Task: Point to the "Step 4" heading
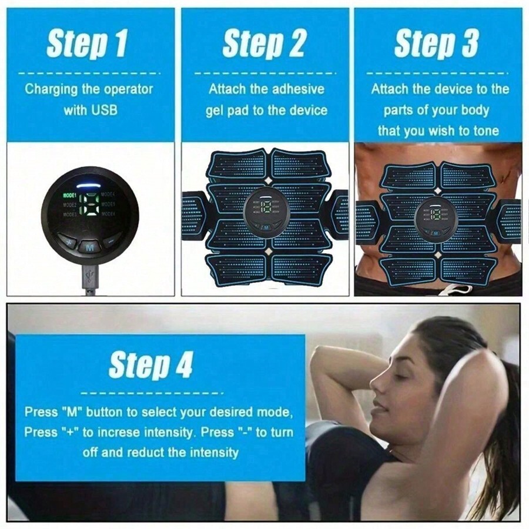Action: (151, 364)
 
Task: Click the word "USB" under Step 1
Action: (106, 109)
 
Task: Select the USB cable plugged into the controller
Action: (90, 279)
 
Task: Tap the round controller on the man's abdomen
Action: (436, 219)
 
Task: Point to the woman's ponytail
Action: (505, 447)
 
